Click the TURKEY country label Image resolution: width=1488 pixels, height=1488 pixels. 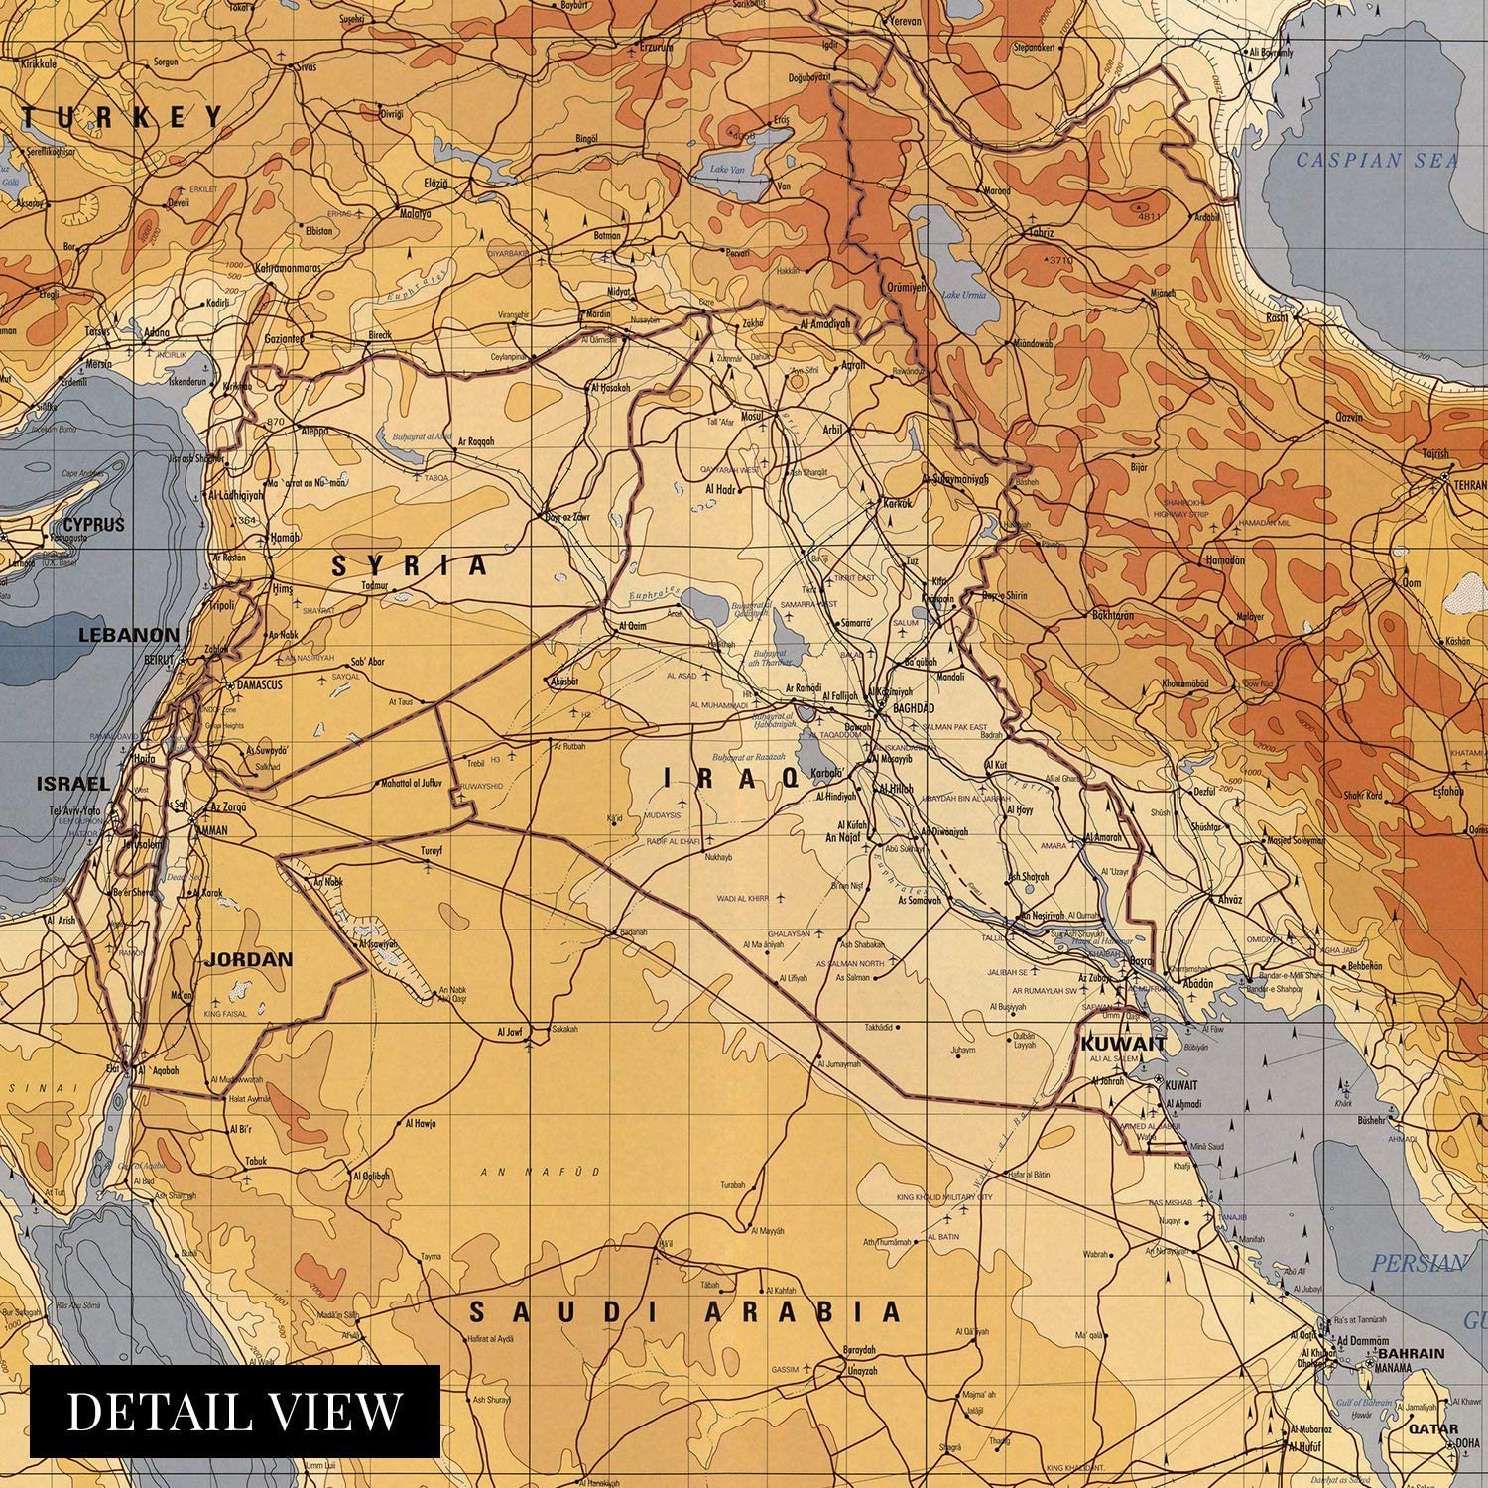(124, 117)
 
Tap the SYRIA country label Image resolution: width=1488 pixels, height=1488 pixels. (410, 565)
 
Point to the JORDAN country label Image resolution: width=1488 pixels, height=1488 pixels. (248, 959)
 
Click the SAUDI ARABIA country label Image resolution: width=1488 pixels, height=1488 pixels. (684, 1312)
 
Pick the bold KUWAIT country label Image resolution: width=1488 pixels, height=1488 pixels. (1123, 1044)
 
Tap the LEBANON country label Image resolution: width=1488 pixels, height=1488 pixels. (129, 635)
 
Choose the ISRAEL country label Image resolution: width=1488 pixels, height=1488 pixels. (72, 784)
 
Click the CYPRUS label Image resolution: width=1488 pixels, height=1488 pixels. (93, 525)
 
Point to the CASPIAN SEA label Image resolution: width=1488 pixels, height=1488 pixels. (1377, 160)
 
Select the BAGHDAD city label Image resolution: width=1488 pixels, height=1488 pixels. (914, 708)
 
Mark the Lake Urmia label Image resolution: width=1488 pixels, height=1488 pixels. (964, 295)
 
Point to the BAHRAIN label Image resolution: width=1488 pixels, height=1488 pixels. (1411, 1353)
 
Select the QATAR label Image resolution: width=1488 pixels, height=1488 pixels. (1433, 1429)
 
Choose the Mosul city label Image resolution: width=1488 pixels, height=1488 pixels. (751, 417)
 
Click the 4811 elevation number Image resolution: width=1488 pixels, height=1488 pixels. (1149, 216)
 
